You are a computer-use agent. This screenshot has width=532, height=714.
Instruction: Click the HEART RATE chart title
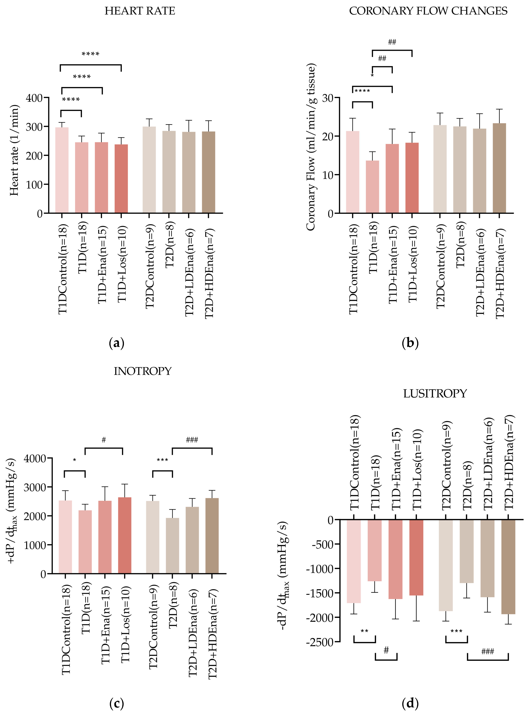(x=140, y=11)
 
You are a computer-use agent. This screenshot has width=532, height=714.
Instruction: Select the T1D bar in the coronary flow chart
(x=372, y=187)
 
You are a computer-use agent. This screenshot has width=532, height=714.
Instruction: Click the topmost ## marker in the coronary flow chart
(x=392, y=42)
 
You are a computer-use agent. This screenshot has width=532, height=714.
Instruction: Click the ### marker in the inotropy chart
(x=192, y=440)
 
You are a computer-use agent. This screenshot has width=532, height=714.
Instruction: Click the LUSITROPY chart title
(x=435, y=393)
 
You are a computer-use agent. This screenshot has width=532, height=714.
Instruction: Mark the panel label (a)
(x=117, y=343)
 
